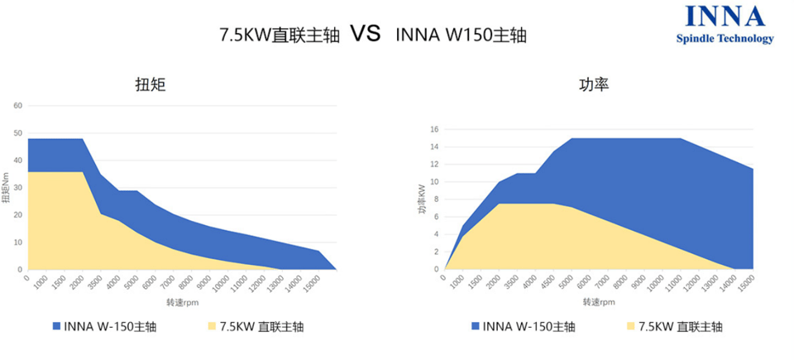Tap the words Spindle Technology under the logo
click(x=725, y=39)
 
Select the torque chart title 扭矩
click(x=151, y=84)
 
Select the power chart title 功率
click(x=594, y=84)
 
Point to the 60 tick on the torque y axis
click(x=17, y=106)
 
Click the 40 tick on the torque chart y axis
click(x=17, y=161)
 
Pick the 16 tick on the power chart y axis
click(x=433, y=130)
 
